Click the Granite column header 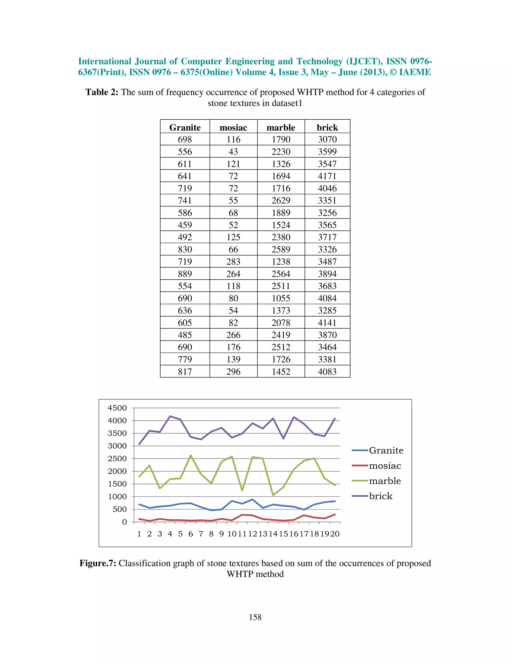pos(185,127)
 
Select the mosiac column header pos(233,127)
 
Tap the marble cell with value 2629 pos(281,200)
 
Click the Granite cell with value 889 pos(185,274)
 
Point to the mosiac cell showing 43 pos(233,152)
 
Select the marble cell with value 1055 pos(281,298)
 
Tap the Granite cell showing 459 pos(185,225)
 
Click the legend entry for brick pos(380,496)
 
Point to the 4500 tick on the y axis pos(117,408)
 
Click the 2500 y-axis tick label pos(117,459)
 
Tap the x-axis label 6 pos(190,534)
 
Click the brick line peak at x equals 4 pos(170,416)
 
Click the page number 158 pos(255,617)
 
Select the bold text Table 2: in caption pos(102,92)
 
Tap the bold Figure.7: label pos(98,563)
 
